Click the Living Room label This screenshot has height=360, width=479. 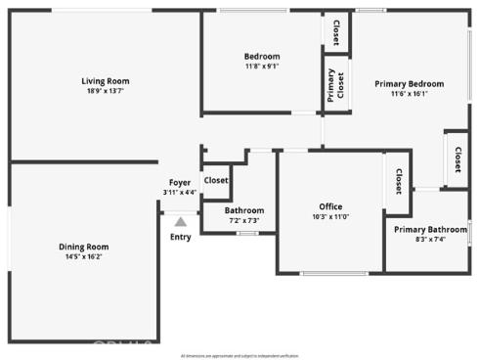pyautogui.click(x=105, y=81)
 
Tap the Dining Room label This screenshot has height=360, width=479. pyautogui.click(x=83, y=247)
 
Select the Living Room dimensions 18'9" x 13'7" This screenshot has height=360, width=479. pyautogui.click(x=105, y=91)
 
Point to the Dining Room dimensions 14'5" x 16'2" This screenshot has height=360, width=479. pyautogui.click(x=83, y=256)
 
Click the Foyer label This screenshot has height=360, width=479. pyautogui.click(x=180, y=183)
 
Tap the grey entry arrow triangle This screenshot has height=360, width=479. pyautogui.click(x=180, y=222)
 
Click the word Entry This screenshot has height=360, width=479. pyautogui.click(x=181, y=237)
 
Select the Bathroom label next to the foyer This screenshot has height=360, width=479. pyautogui.click(x=243, y=210)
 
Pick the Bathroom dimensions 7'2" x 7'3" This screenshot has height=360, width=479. pyautogui.click(x=243, y=220)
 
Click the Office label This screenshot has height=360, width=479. pyautogui.click(x=330, y=206)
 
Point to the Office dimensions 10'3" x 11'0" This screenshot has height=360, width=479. pyautogui.click(x=330, y=216)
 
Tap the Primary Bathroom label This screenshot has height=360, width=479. pyautogui.click(x=430, y=229)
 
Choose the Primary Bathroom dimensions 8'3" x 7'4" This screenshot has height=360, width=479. pyautogui.click(x=430, y=239)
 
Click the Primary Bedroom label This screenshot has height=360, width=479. pyautogui.click(x=410, y=84)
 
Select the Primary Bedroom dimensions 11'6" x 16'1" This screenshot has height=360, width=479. pyautogui.click(x=410, y=94)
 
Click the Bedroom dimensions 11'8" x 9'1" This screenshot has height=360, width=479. pyautogui.click(x=261, y=67)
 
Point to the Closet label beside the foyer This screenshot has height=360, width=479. pyautogui.click(x=215, y=180)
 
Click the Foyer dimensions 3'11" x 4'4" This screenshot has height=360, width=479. pyautogui.click(x=180, y=193)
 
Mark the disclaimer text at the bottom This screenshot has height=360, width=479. pyautogui.click(x=239, y=355)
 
